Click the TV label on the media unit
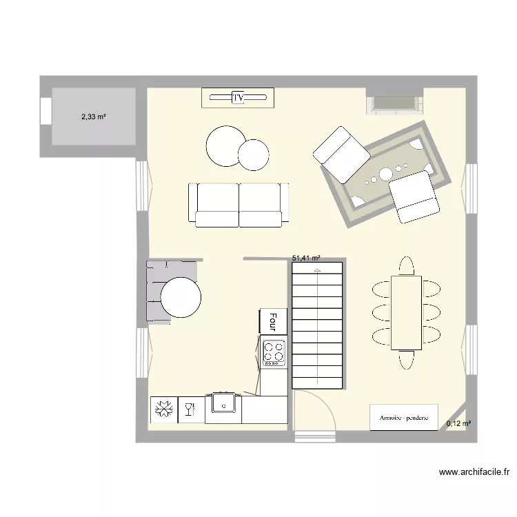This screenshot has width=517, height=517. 239,98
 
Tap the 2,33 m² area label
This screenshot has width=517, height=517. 93,117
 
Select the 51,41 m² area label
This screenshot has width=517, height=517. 307,258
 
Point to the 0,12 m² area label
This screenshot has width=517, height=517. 458,424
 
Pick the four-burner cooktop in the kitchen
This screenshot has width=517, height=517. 274,352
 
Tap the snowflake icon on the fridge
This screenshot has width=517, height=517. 164,410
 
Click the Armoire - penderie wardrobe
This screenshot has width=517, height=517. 404,418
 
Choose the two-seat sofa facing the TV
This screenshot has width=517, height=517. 239,205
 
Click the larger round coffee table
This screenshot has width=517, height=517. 225,145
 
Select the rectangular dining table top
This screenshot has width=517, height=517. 405,312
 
